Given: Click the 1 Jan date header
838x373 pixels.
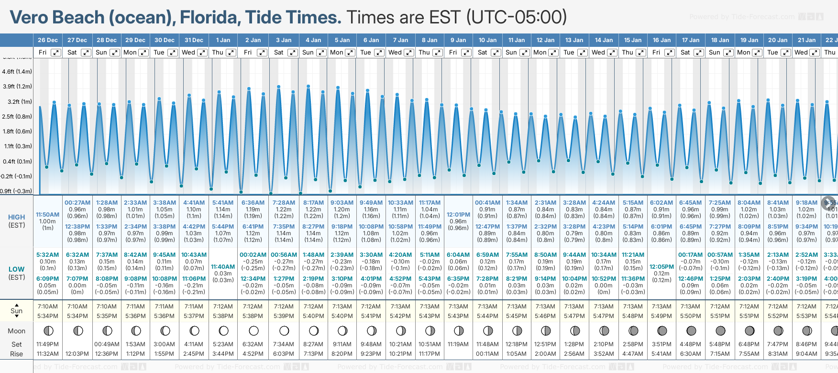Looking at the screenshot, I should [x=223, y=40].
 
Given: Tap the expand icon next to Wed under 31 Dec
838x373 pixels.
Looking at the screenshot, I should [x=202, y=53].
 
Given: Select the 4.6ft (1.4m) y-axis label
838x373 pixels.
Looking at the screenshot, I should [x=17, y=72].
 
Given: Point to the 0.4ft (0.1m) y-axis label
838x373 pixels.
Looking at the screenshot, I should [x=17, y=162].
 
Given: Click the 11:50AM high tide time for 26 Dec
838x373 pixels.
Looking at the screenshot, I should [x=48, y=215].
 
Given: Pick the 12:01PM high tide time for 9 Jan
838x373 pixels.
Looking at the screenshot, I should [x=458, y=215].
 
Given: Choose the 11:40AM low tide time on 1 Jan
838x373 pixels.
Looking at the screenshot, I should [x=223, y=267].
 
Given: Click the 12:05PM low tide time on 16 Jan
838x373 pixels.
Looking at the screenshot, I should [x=662, y=267].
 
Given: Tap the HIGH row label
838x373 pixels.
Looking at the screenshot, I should [x=17, y=217].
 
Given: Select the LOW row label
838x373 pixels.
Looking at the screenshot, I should [x=17, y=269].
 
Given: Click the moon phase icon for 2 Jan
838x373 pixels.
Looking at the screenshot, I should [x=254, y=330].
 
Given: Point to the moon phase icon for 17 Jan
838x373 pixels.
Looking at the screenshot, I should [x=691, y=330].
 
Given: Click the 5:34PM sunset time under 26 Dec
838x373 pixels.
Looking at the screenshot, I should [x=48, y=316].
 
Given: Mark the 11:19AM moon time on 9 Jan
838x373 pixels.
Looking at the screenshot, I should [x=458, y=344].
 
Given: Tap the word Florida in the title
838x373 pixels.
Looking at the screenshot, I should [x=209, y=18].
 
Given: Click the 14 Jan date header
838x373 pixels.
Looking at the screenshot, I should [x=604, y=40].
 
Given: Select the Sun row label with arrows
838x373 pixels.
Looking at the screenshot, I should [x=17, y=311].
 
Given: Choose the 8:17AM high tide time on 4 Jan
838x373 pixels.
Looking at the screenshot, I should [x=313, y=203].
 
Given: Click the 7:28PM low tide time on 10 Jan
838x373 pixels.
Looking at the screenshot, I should [x=487, y=279].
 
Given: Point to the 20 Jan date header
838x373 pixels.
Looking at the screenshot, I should [x=778, y=40].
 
